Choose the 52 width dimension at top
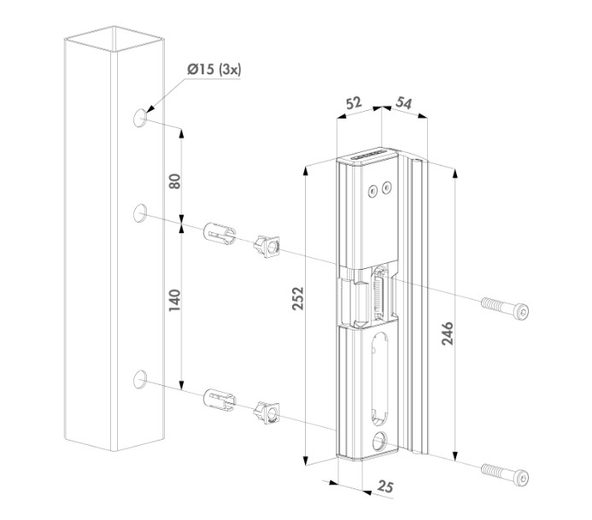click(351, 102)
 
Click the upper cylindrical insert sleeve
click(219, 234)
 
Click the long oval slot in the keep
click(378, 377)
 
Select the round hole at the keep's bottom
click(378, 443)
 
